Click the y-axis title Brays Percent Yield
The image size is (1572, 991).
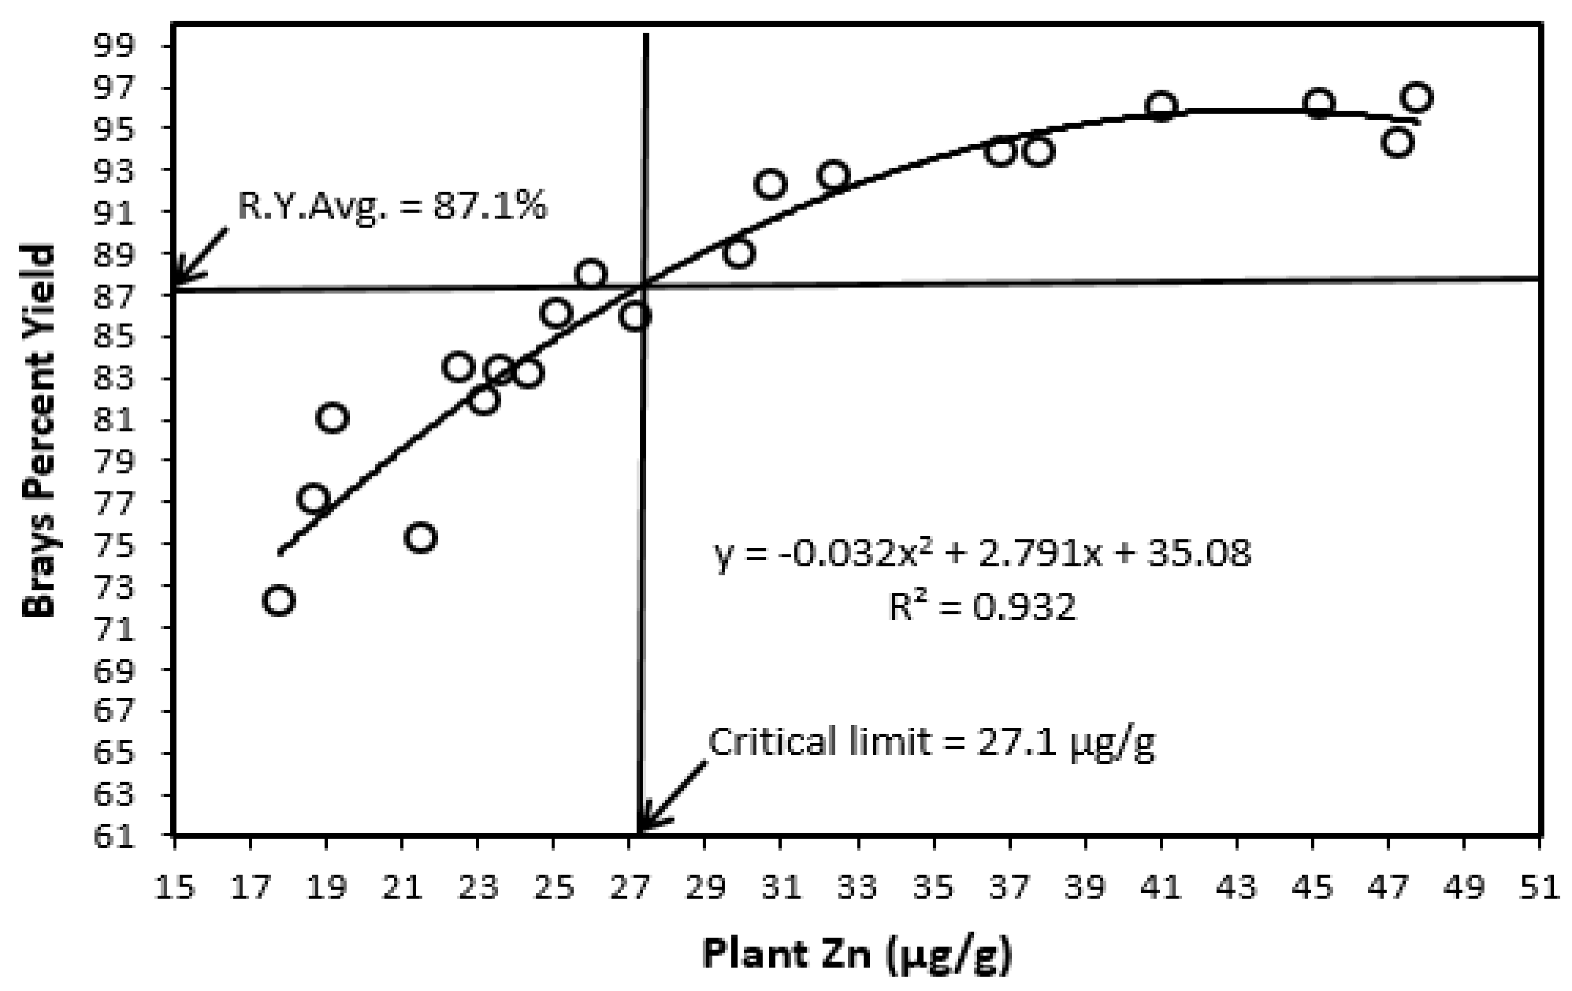[x=39, y=431]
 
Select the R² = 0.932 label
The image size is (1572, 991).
[x=982, y=607]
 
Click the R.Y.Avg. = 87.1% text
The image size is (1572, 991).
[x=392, y=206]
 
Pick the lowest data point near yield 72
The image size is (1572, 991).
[x=279, y=600]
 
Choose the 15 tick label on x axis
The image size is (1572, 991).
[x=175, y=888]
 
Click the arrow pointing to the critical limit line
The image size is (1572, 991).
[x=672, y=796]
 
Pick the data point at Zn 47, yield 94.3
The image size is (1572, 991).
[x=1397, y=142]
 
